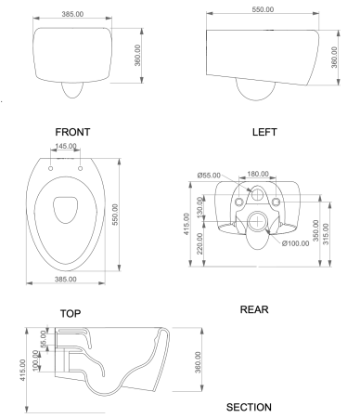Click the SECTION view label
coord(249,407)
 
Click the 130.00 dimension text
coord(200,203)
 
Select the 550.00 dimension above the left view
coord(263,9)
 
